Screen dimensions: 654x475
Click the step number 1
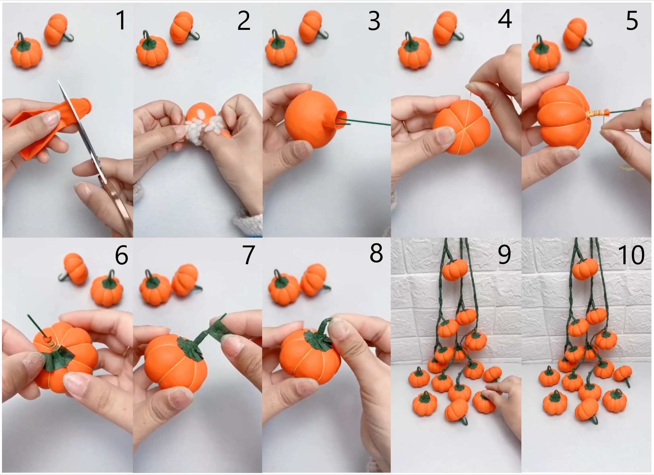pos(121,20)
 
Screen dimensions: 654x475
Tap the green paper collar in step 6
pos(58,358)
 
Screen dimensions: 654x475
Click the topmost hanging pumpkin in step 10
pos(585,269)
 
